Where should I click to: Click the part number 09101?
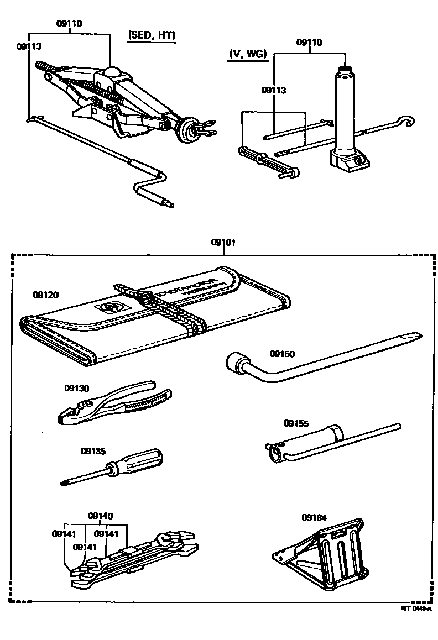pyautogui.click(x=222, y=243)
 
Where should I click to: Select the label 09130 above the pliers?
pyautogui.click(x=76, y=388)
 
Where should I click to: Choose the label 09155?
pyautogui.click(x=296, y=423)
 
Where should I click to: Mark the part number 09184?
pyautogui.click(x=314, y=517)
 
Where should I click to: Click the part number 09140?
pyautogui.click(x=100, y=516)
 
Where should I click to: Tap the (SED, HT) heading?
pyautogui.click(x=152, y=35)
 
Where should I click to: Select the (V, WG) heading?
pyautogui.click(x=247, y=54)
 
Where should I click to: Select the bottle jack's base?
pyautogui.click(x=348, y=159)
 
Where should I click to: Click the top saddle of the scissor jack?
pyautogui.click(x=113, y=72)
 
